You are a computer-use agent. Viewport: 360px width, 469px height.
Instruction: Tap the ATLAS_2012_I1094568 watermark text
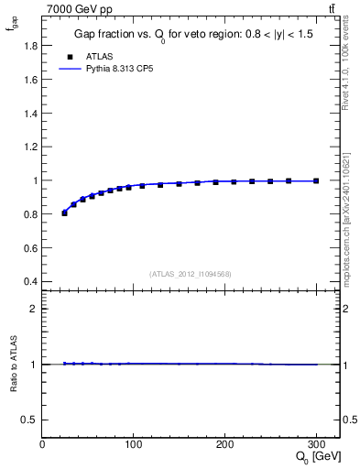point(191,273)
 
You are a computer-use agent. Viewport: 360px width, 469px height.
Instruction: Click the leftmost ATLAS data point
point(64,213)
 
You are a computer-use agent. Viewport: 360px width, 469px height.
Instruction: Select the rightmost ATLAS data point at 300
point(316,180)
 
